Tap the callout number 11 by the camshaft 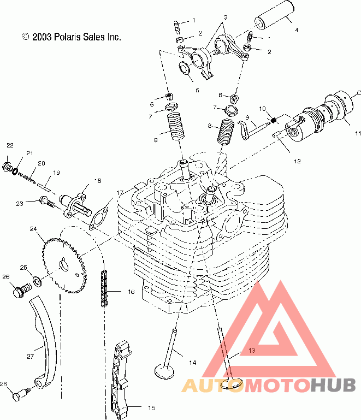(358, 133)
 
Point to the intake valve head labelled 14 (165, 371)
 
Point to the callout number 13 (251, 349)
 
